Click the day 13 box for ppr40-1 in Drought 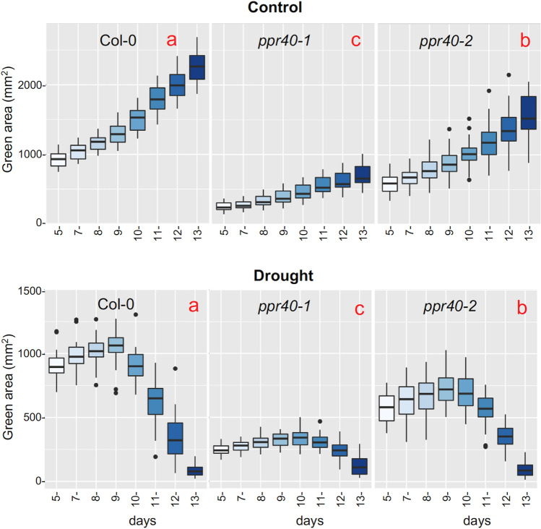click(362, 466)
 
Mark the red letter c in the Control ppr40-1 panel click(355, 40)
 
